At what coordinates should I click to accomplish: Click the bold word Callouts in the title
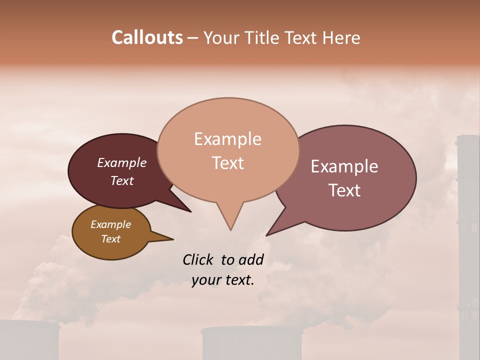click(147, 37)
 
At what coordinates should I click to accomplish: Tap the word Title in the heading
click(264, 38)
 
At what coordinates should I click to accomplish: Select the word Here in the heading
click(342, 38)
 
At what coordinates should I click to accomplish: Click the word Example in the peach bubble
click(227, 139)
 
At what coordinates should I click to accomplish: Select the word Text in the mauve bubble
click(344, 190)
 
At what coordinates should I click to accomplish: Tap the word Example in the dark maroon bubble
click(121, 163)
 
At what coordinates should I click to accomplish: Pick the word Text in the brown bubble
click(110, 239)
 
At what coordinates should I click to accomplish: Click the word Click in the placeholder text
click(198, 259)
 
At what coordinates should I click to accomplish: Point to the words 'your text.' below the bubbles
click(222, 280)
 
